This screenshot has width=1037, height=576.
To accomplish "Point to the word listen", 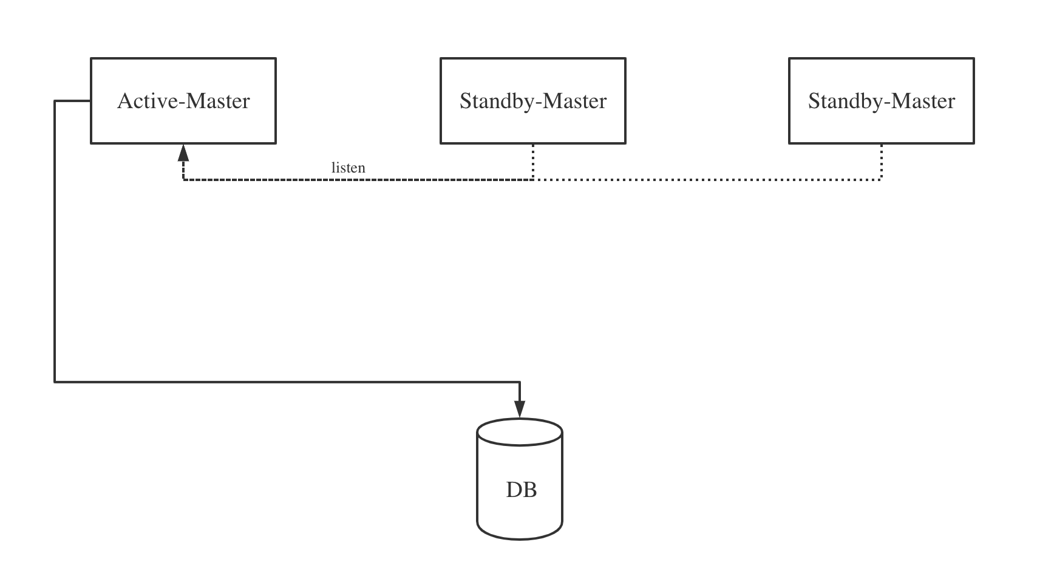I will tap(348, 168).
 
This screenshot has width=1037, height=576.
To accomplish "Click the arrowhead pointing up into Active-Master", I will tap(183, 153).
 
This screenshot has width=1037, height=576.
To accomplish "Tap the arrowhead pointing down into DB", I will tap(520, 410).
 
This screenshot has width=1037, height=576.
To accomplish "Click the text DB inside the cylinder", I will tap(521, 489).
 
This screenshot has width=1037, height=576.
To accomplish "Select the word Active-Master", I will tap(183, 101).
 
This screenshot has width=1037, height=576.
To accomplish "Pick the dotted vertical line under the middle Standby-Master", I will tap(533, 161).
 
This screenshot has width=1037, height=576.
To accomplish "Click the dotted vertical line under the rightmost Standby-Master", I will tap(881, 161).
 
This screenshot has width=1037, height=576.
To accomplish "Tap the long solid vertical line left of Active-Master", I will tap(55, 243).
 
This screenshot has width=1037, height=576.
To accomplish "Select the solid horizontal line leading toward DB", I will tap(285, 382).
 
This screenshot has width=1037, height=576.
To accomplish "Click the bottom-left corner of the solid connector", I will tap(55, 382).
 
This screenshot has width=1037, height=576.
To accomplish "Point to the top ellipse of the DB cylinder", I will tap(520, 431).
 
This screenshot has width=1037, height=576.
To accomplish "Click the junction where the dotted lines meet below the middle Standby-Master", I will tap(533, 179).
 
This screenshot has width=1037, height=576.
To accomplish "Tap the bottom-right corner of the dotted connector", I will tap(881, 179).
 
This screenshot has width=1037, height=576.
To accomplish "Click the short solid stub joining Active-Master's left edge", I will tap(73, 101).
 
